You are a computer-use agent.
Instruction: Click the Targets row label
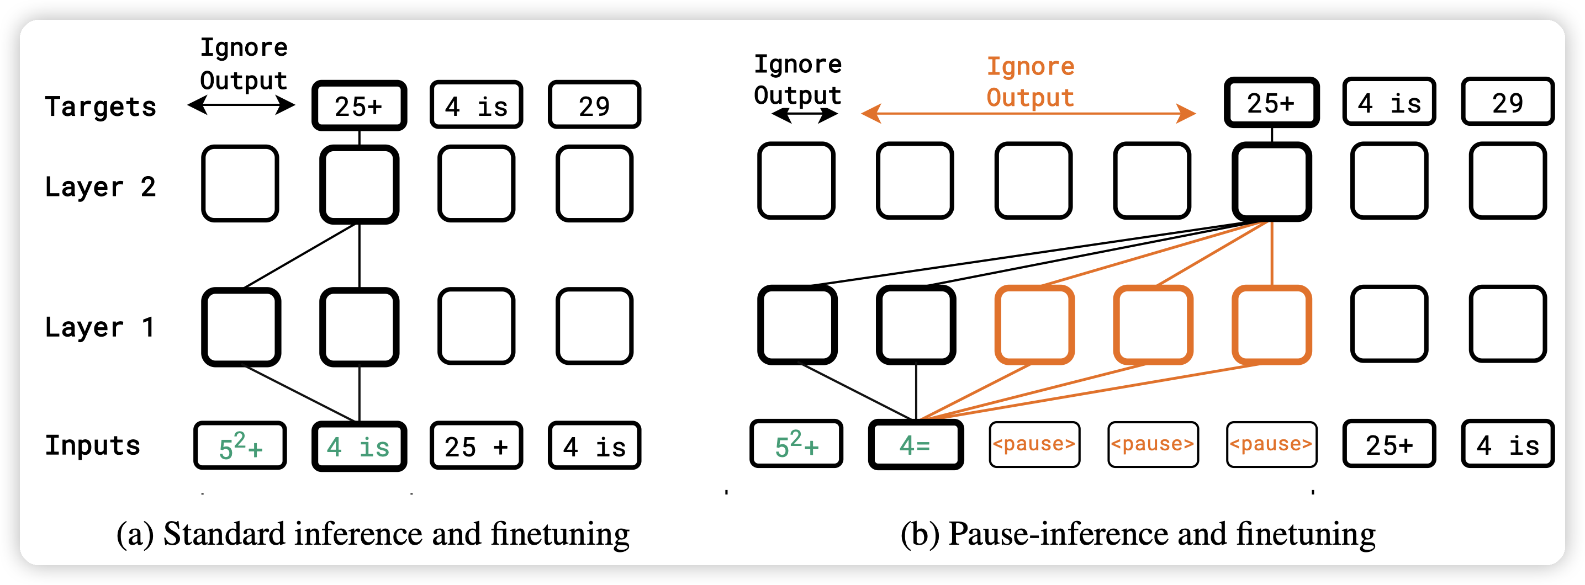click(x=101, y=107)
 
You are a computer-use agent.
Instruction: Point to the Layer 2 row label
click(x=101, y=187)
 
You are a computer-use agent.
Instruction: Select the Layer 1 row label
click(x=99, y=327)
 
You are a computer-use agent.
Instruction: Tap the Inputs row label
click(x=93, y=445)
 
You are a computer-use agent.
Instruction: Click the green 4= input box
click(x=916, y=445)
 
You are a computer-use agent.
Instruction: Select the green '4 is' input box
click(x=360, y=446)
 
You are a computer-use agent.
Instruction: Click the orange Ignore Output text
click(x=1031, y=82)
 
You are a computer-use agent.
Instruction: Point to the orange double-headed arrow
click(x=1028, y=114)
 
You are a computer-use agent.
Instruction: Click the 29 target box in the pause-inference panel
click(x=1508, y=102)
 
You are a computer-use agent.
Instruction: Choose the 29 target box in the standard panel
click(x=594, y=105)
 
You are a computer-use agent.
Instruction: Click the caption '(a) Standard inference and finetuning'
click(x=373, y=533)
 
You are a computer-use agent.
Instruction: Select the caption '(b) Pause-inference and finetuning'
click(x=1138, y=533)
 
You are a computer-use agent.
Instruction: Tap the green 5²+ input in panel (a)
click(x=241, y=446)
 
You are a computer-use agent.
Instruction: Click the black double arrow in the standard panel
click(x=241, y=106)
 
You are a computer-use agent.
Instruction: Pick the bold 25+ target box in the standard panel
click(x=360, y=106)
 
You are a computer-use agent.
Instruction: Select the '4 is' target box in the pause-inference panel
click(x=1389, y=102)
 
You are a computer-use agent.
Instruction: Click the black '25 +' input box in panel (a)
click(x=477, y=446)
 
